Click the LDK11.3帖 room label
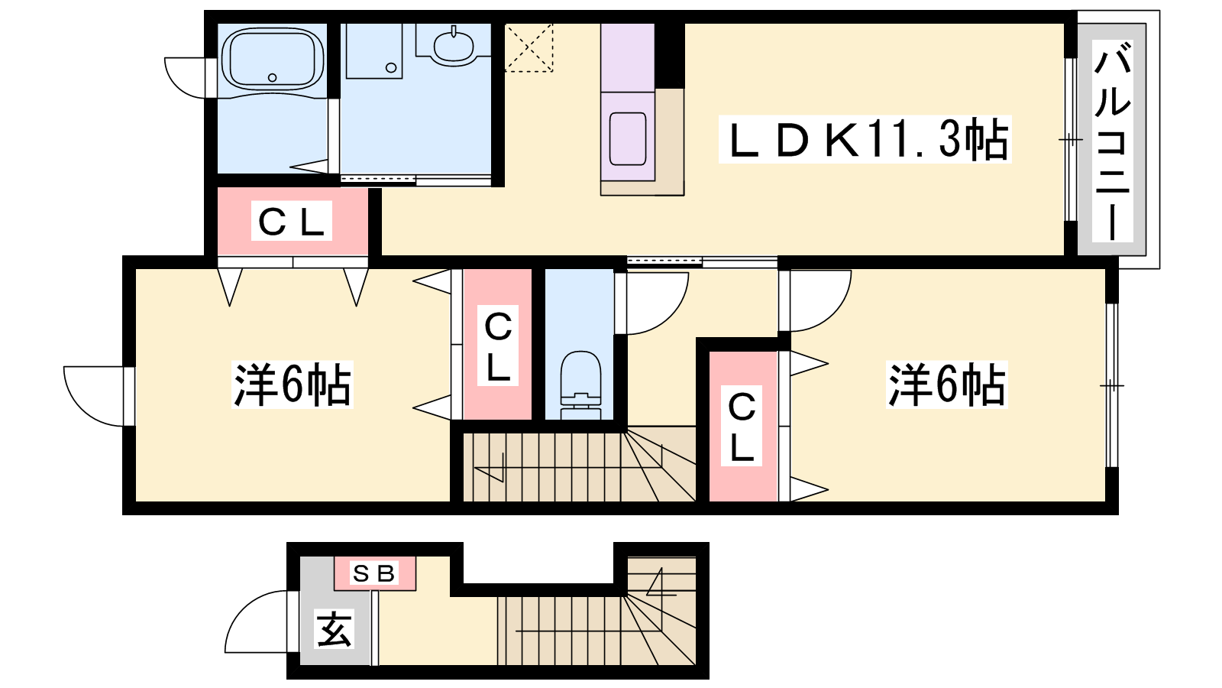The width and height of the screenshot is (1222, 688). tap(865, 140)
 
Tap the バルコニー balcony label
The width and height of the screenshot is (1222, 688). tap(1112, 141)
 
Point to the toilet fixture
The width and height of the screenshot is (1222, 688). tap(580, 385)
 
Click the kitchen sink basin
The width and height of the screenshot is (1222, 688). tap(627, 138)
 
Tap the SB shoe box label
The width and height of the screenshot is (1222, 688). tap(374, 573)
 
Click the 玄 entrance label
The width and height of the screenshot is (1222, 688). tap(335, 628)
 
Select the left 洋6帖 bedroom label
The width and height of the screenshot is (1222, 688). tap(293, 385)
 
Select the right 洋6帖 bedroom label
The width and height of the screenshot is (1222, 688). tap(946, 385)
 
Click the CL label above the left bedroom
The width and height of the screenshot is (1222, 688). tap(291, 222)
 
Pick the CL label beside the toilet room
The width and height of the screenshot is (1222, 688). tap(497, 346)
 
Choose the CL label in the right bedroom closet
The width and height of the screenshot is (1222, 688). tap(742, 426)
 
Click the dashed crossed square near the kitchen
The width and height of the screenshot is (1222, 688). tap(529, 47)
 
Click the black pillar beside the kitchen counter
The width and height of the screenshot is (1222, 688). tap(669, 56)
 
